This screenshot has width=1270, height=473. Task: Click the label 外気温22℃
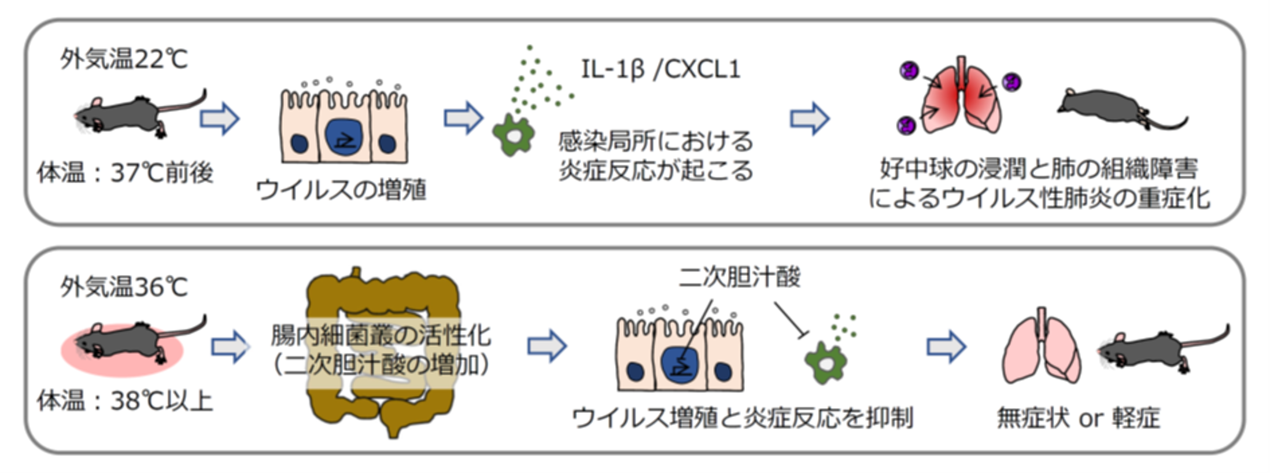point(124,59)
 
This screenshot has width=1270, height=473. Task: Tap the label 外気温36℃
point(124,287)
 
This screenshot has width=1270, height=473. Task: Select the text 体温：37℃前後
point(125,172)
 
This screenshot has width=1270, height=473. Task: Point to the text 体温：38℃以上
point(125,400)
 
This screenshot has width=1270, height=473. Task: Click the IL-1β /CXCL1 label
point(660,69)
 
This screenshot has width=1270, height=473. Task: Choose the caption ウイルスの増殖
point(341,190)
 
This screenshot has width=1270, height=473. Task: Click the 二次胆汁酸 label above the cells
point(740,277)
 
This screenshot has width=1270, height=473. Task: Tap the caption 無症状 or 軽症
point(1079,417)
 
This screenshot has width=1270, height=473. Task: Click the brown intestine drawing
point(382,353)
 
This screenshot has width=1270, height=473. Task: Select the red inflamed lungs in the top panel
point(960,98)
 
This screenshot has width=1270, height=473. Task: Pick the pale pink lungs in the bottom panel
point(1041,350)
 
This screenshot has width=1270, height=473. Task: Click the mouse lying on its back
point(1119,110)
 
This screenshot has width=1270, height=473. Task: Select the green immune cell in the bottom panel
point(825,363)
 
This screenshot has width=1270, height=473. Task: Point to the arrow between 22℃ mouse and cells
point(219,119)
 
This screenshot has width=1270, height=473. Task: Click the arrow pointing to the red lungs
point(809,119)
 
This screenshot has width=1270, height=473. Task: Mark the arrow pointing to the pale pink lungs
point(946,347)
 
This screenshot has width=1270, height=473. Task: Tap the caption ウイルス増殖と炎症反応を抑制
point(743,417)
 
